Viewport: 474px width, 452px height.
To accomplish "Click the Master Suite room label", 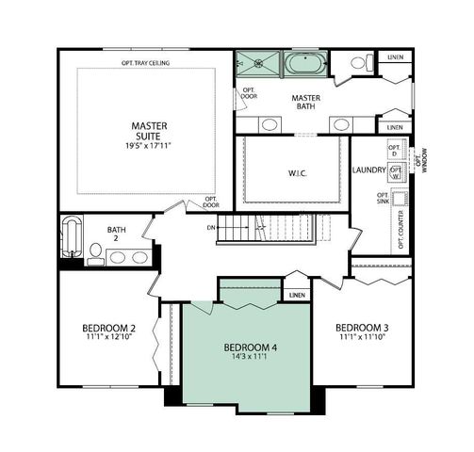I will (148, 130).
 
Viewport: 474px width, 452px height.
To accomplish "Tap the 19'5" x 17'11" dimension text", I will (148, 147).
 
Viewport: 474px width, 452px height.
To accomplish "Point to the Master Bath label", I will (305, 102).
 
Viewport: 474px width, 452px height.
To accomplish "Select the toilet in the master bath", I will (360, 64).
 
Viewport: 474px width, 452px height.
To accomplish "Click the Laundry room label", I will (368, 169).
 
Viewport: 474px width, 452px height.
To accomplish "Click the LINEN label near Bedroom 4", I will (297, 295).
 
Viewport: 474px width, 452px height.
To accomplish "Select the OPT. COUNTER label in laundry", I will (400, 231).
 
